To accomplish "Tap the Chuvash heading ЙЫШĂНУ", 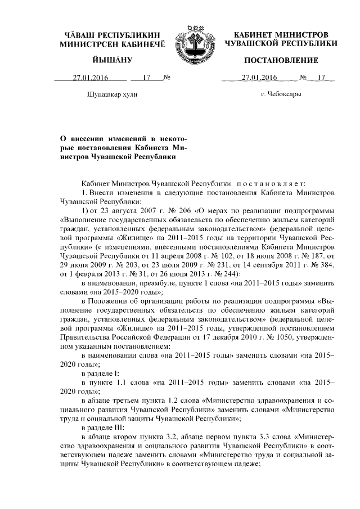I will (112, 60).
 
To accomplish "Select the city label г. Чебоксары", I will (281, 94).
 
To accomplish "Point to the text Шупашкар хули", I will (112, 94).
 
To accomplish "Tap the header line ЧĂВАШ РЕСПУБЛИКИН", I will (112, 34).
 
